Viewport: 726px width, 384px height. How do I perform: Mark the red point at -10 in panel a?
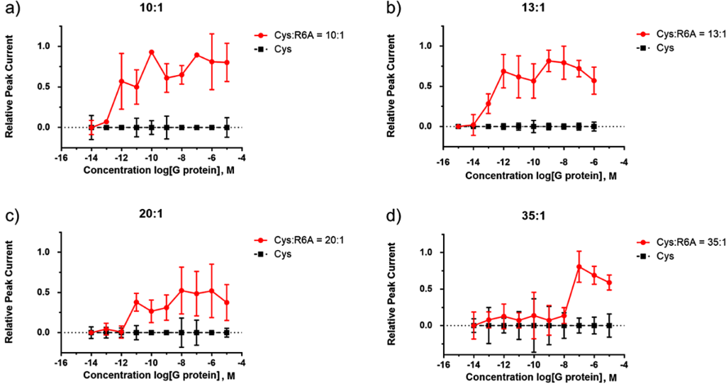pos(151,52)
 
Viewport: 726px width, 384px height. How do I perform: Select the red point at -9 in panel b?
pos(549,61)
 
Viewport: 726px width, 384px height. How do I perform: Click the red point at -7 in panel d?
pos(579,266)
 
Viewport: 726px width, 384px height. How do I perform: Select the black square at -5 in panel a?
pos(227,128)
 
